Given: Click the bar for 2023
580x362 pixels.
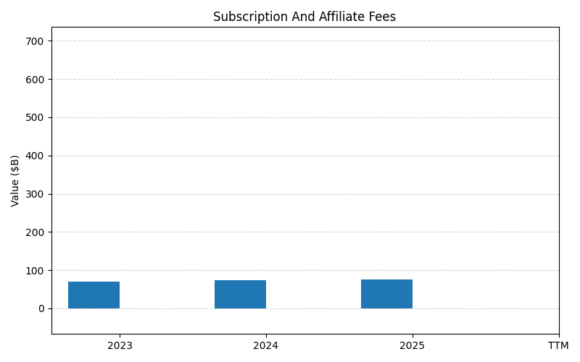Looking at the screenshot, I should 94,295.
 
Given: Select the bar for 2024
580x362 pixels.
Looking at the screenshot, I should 240,295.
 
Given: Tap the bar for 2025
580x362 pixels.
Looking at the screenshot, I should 386,294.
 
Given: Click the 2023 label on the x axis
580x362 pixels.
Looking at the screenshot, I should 120,346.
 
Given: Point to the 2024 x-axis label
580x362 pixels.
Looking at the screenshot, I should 266,346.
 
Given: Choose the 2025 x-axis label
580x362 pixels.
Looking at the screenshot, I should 413,346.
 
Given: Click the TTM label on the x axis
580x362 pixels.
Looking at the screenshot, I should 558,346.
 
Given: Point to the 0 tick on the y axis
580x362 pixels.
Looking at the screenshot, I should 41,309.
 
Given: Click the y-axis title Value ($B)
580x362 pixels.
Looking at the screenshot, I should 15,180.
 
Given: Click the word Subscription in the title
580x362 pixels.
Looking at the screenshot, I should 244,17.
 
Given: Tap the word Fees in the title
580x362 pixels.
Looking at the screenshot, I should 382,17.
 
